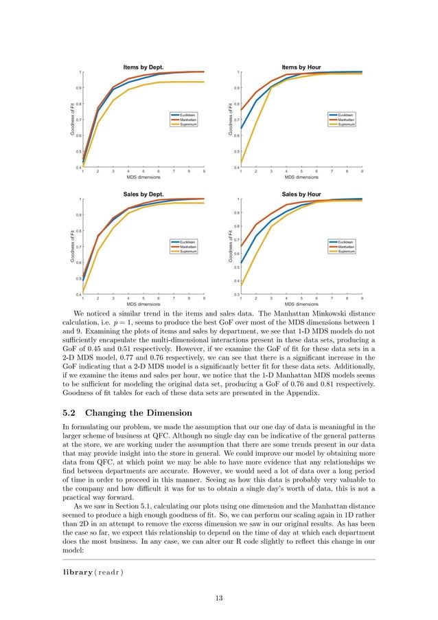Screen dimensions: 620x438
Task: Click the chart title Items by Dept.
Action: point(143,67)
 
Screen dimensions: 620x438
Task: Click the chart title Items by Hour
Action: point(301,67)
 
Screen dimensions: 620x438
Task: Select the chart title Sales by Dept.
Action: point(143,195)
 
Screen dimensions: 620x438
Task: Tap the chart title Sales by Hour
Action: point(301,195)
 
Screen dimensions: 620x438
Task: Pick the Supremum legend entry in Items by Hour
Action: point(347,124)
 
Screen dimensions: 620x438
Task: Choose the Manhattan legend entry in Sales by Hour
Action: point(347,247)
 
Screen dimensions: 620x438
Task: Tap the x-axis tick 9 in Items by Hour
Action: point(362,171)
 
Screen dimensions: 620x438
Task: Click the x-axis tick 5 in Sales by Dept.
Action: point(143,298)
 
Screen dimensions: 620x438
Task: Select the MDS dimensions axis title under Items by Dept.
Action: point(143,177)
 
